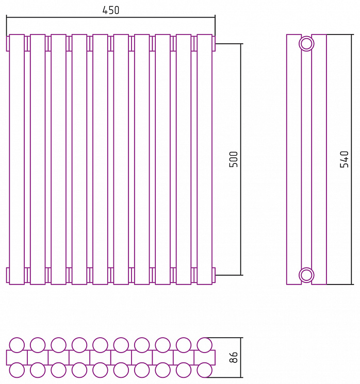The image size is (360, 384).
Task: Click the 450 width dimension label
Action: (x=110, y=10)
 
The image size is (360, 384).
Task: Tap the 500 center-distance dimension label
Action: (x=234, y=159)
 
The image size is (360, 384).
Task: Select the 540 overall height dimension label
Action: (x=345, y=159)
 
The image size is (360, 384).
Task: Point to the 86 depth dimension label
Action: (x=234, y=357)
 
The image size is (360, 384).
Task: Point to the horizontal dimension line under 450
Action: (x=111, y=18)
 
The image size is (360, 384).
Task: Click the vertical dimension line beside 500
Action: (x=241, y=159)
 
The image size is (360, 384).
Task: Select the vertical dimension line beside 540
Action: (x=352, y=159)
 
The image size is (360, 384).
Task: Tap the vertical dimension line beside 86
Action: (x=241, y=358)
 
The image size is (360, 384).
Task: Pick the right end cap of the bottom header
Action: (x=214, y=275)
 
